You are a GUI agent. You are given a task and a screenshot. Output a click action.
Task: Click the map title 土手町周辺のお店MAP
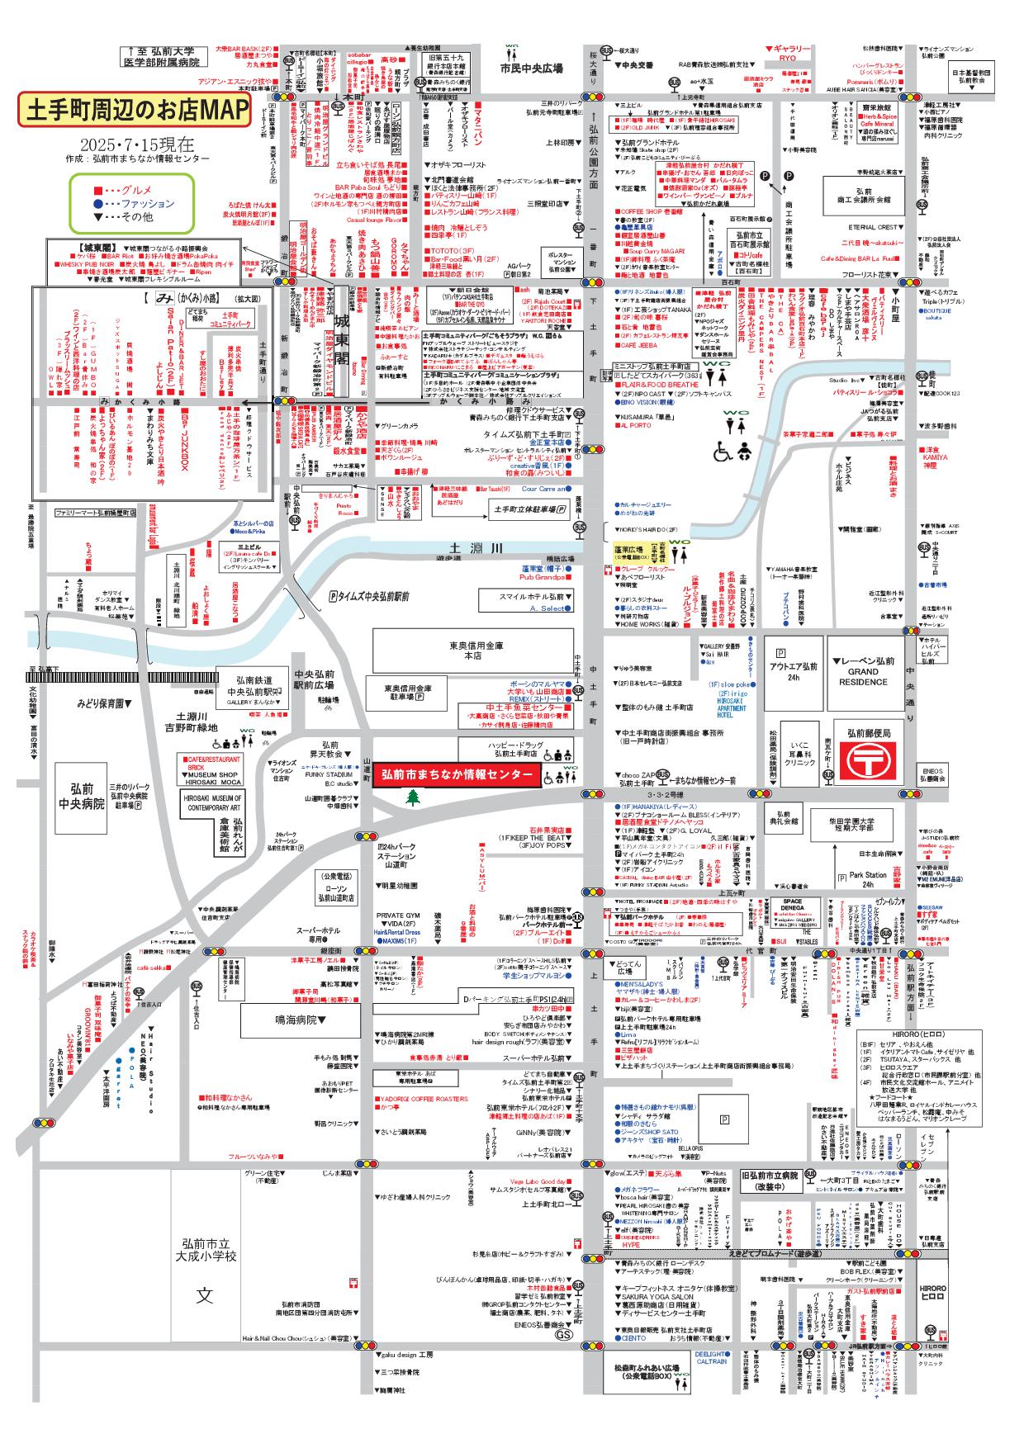[x=134, y=109]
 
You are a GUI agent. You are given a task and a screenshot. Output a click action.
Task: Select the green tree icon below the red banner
[x=411, y=797]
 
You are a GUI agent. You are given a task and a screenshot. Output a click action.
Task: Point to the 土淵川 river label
[x=464, y=548]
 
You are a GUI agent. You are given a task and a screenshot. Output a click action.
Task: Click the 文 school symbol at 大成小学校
[x=204, y=1294]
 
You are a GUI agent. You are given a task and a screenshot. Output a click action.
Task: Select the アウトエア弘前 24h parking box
[x=793, y=671]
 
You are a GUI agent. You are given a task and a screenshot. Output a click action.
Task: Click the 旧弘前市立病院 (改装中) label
[x=769, y=1180]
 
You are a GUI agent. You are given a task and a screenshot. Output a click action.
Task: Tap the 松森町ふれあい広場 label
[x=658, y=1372]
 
